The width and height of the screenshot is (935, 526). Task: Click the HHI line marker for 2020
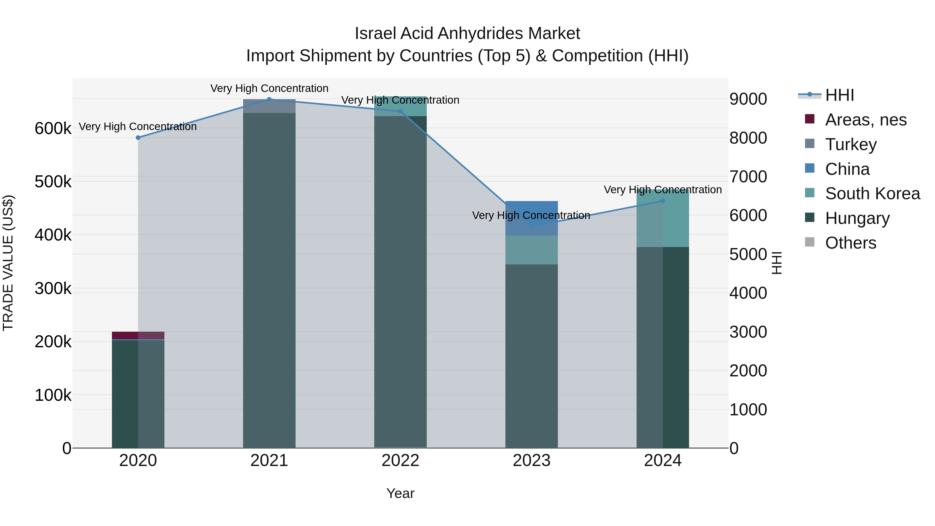(x=138, y=138)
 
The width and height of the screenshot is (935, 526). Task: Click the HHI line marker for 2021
(x=269, y=99)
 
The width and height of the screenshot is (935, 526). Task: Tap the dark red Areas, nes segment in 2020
(x=125, y=335)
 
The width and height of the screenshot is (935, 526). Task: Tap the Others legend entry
(x=850, y=243)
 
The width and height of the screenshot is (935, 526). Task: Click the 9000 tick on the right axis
(x=748, y=99)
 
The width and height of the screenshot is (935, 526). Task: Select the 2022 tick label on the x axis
(x=400, y=461)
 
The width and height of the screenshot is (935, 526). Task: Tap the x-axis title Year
(x=400, y=493)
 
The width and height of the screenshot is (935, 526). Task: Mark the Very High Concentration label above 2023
(x=531, y=216)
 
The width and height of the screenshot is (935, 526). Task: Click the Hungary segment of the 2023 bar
(x=531, y=356)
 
